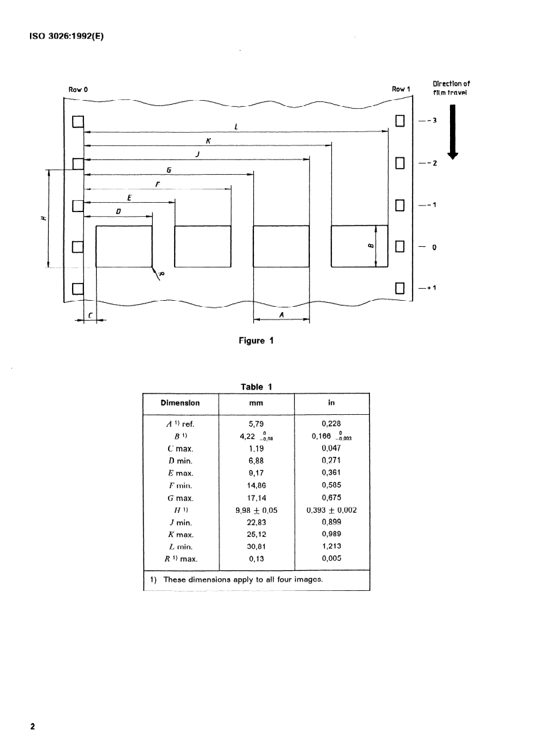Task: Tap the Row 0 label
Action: (x=78, y=89)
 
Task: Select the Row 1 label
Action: (x=401, y=89)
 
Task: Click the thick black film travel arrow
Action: (x=453, y=131)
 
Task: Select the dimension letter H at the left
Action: (x=43, y=218)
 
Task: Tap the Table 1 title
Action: (x=256, y=386)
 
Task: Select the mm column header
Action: (x=255, y=403)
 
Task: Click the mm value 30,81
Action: (x=255, y=547)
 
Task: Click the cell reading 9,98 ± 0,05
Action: (x=256, y=510)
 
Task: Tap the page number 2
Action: (x=31, y=726)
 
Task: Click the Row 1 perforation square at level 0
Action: (x=400, y=247)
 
